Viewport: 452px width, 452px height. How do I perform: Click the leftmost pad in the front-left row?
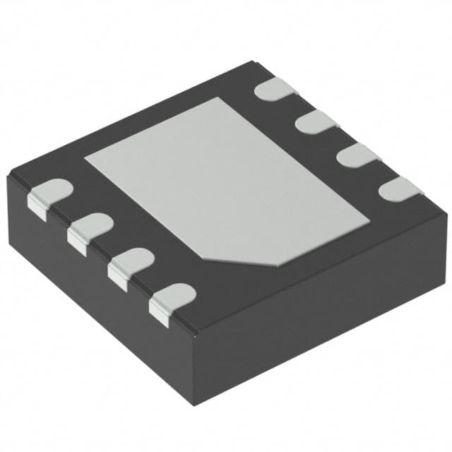(x=51, y=195)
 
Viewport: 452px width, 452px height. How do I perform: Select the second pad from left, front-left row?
(x=90, y=230)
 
